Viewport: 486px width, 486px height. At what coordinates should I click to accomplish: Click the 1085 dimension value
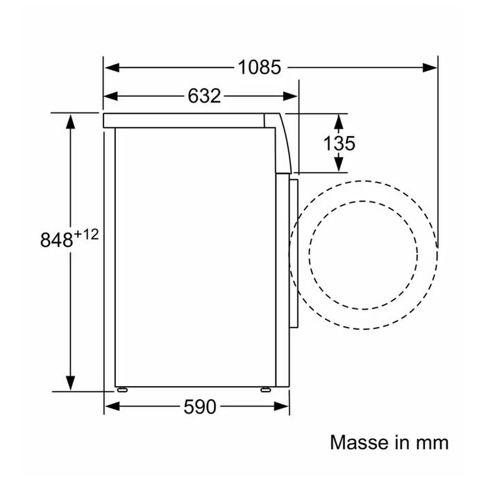point(260,67)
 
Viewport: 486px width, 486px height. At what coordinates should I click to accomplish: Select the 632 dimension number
point(204,96)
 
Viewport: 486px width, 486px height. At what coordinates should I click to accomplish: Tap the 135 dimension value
point(339,143)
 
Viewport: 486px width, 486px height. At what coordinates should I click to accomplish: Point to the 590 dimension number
point(200,407)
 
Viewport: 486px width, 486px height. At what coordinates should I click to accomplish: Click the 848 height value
point(56,240)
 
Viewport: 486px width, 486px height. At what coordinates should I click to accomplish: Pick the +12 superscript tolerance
point(87,234)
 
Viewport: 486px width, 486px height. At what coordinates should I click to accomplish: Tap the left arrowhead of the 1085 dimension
point(112,67)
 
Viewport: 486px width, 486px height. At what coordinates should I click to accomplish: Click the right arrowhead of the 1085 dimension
point(430,67)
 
